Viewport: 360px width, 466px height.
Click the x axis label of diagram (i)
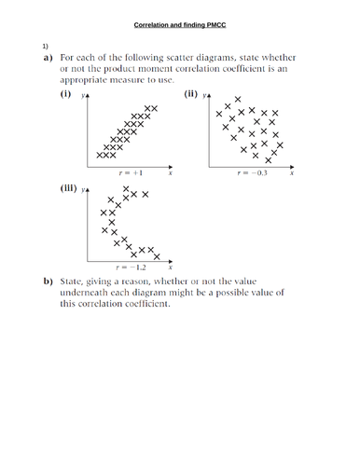point(170,173)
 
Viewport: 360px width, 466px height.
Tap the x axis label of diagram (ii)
point(292,174)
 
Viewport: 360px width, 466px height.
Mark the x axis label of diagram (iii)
point(170,267)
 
